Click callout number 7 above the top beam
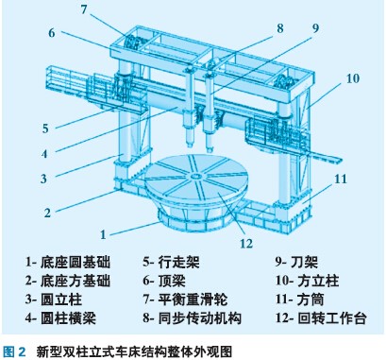pos(83,9)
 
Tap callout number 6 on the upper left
pos(52,33)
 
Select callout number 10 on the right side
pos(353,78)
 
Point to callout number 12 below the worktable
pos(246,243)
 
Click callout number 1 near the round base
pos(103,234)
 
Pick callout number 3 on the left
pos(43,179)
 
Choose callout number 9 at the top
pos(315,28)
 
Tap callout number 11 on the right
pos(341,179)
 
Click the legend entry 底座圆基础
pos(76,262)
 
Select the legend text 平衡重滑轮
pos(193,300)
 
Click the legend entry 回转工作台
pos(331,318)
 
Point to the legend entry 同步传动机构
pos(200,318)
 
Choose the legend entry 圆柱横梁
pos(68,318)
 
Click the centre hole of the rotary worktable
pos(195,176)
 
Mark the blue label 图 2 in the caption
pos(14,351)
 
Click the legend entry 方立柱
pos(318,281)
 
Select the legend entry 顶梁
pos(172,281)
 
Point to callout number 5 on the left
pos(45,129)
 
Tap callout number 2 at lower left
pos(47,213)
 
